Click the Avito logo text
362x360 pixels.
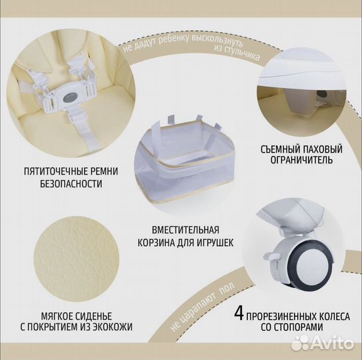click(331, 343)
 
